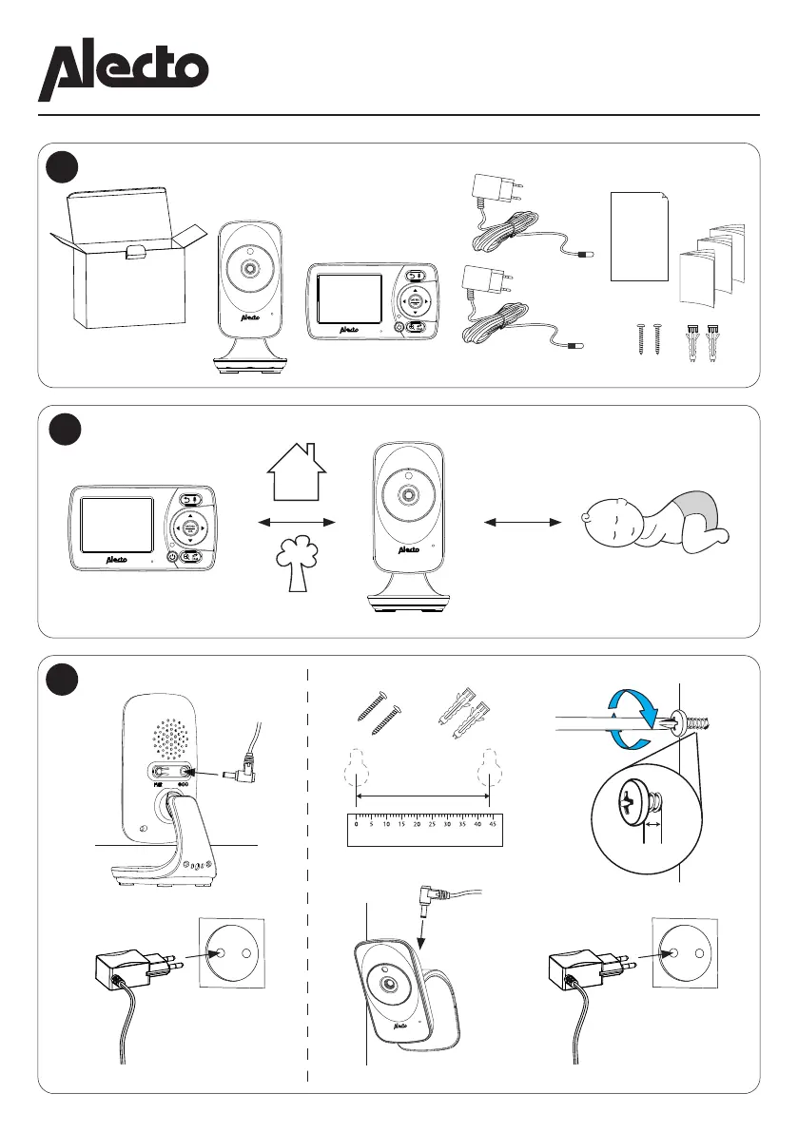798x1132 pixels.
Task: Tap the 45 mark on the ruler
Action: [x=491, y=825]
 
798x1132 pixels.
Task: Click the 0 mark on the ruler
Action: [x=356, y=825]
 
